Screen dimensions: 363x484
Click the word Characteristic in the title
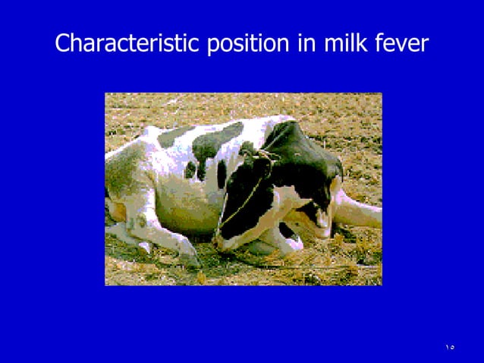pyautogui.click(x=127, y=43)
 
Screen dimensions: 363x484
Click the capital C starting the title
pyautogui.click(x=63, y=43)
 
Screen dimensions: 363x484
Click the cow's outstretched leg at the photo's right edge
pyautogui.click(x=360, y=213)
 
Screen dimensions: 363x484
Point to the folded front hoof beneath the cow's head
pyautogui.click(x=292, y=243)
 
